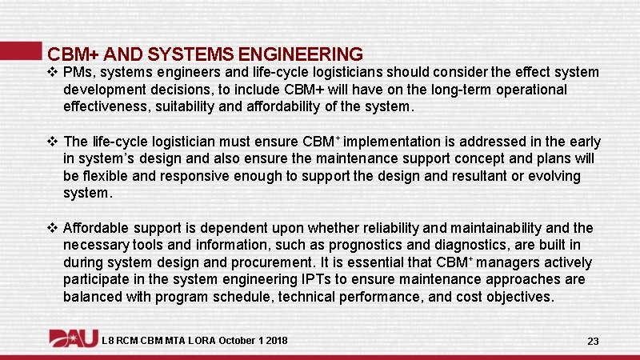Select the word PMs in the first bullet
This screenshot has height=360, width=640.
[x=78, y=72]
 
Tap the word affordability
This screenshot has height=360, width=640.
[x=290, y=106]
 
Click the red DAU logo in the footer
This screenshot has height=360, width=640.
[x=73, y=339]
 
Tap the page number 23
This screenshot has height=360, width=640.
[x=593, y=341]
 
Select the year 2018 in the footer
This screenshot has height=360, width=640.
[x=275, y=341]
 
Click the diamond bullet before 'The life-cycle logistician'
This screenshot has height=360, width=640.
[x=52, y=142]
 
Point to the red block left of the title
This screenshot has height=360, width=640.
[x=20, y=50]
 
